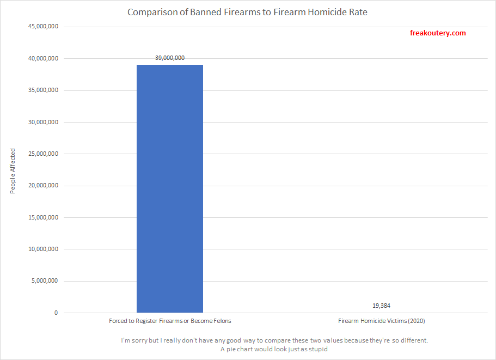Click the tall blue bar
pos(169,188)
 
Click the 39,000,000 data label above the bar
pos(169,57)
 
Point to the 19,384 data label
pos(381,306)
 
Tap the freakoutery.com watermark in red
pos(437,33)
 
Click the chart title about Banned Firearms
pos(247,12)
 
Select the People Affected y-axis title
pos(13,171)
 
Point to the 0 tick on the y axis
pos(56,313)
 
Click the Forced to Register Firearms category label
pos(169,321)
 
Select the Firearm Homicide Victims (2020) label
pos(381,321)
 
